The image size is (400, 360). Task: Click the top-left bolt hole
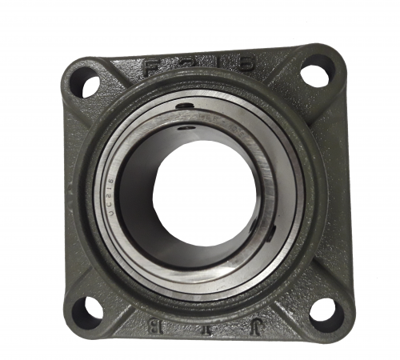(86, 81)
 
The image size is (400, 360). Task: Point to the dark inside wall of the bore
(144, 208)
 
